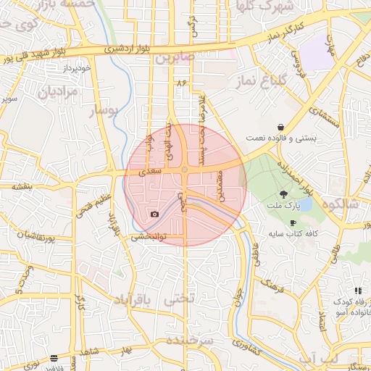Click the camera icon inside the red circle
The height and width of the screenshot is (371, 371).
coord(154,214)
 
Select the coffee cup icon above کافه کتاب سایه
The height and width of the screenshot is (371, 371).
coord(293,222)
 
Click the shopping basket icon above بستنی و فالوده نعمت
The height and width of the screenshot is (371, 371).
coord(280,127)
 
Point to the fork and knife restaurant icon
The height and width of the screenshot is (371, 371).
coord(357,291)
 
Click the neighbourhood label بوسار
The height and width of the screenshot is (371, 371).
coord(101,111)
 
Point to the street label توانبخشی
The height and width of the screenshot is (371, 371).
coord(149,236)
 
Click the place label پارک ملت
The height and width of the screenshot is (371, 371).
coord(283,206)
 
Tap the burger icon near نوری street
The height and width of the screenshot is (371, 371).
coord(54,358)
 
